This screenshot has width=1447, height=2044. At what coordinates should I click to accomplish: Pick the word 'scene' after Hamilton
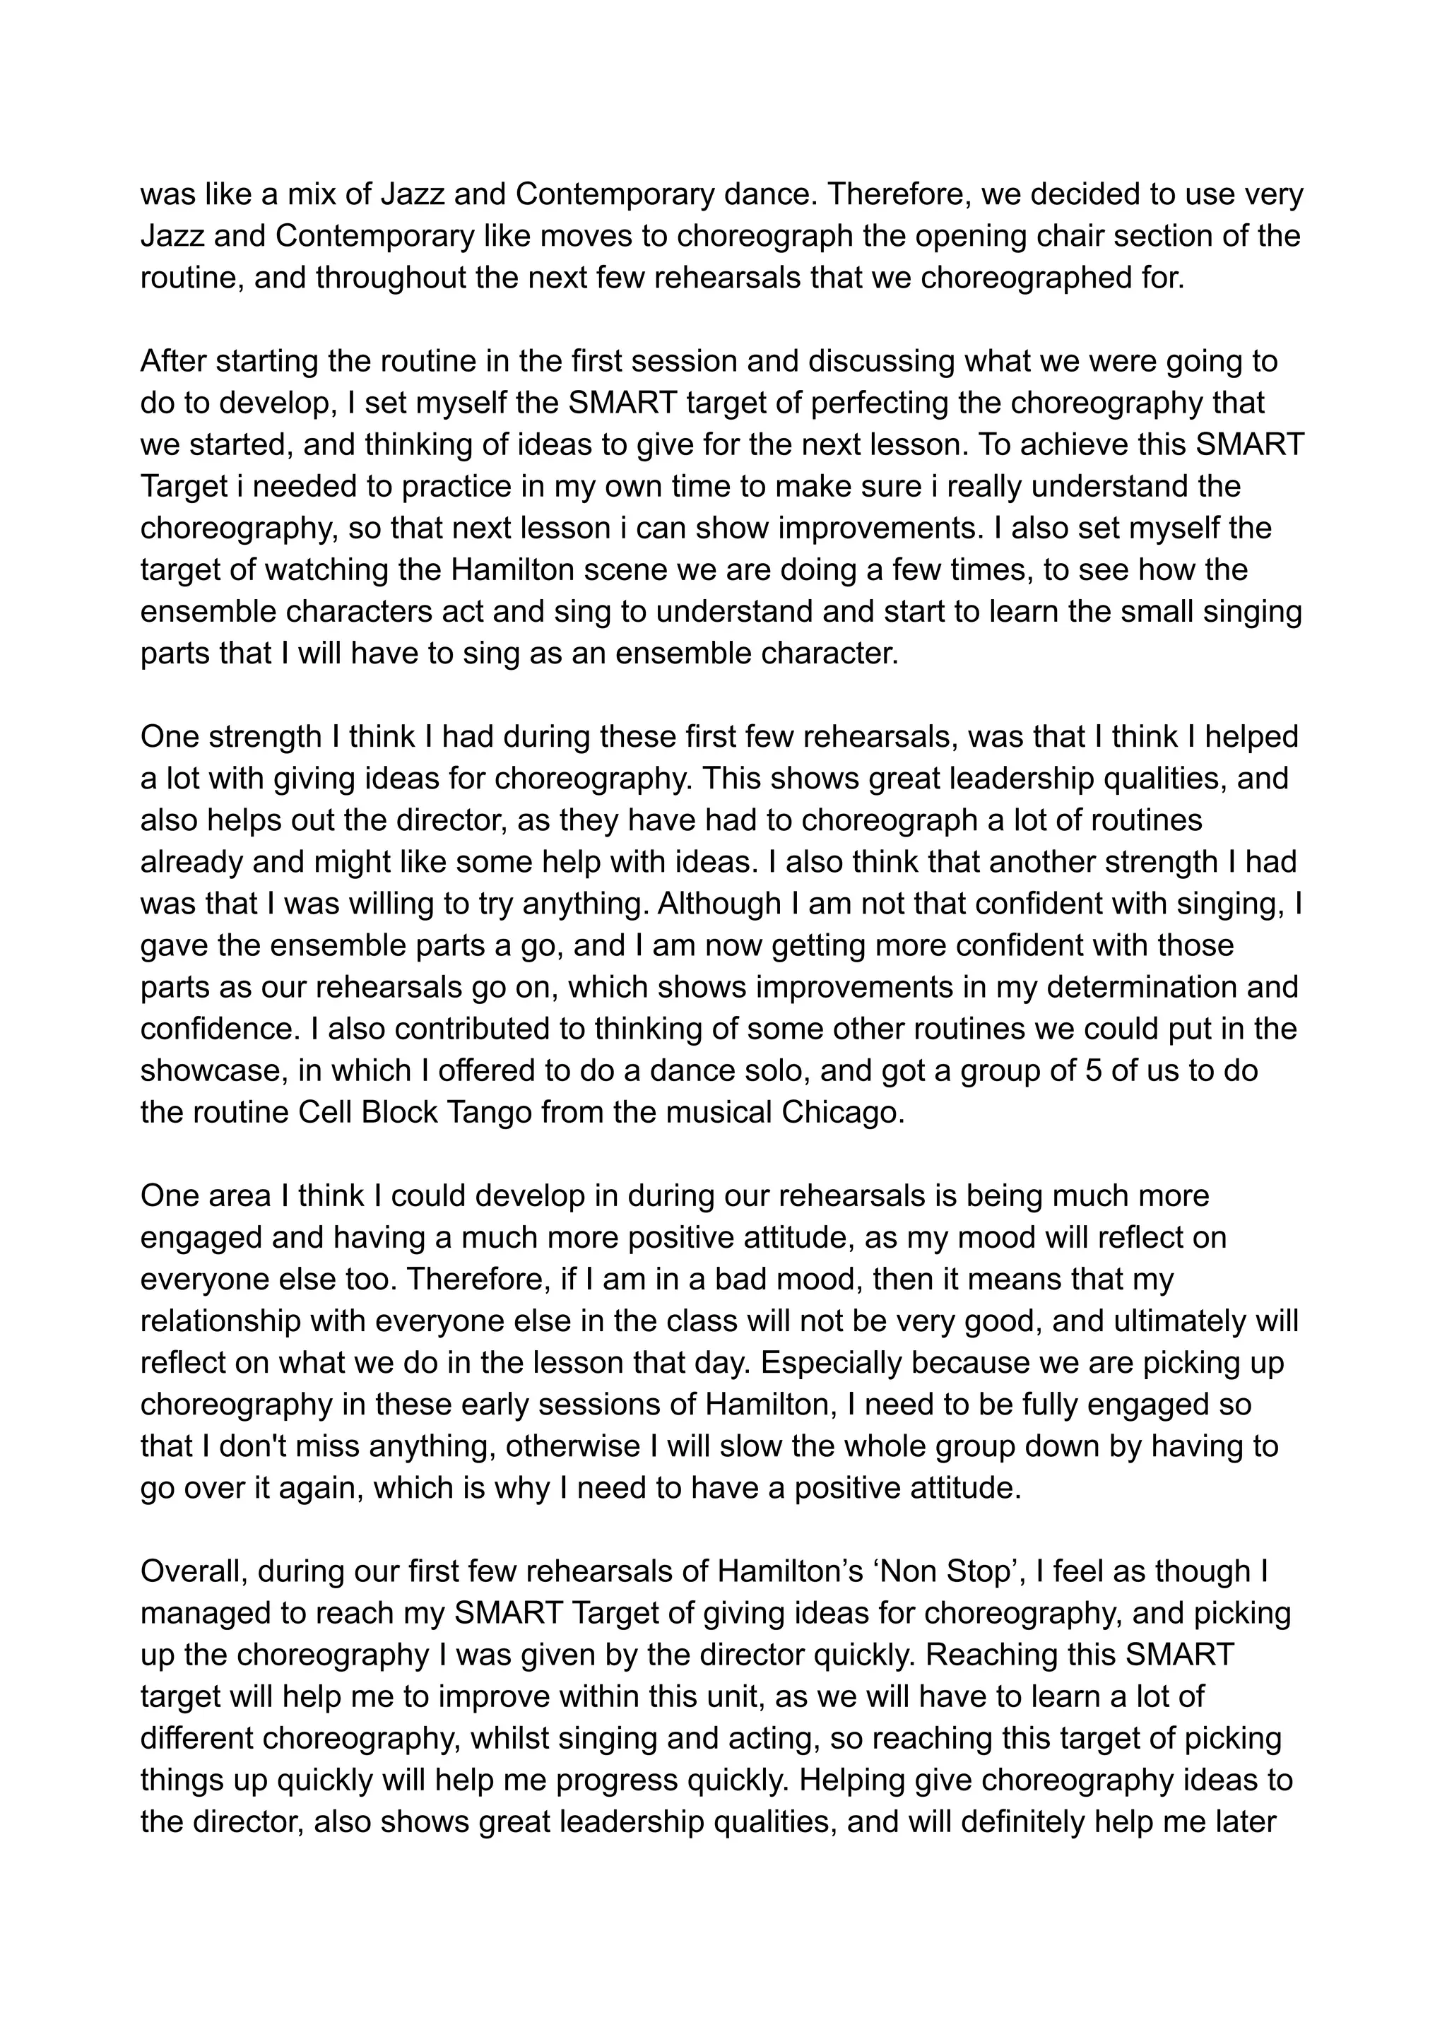click(601, 569)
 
